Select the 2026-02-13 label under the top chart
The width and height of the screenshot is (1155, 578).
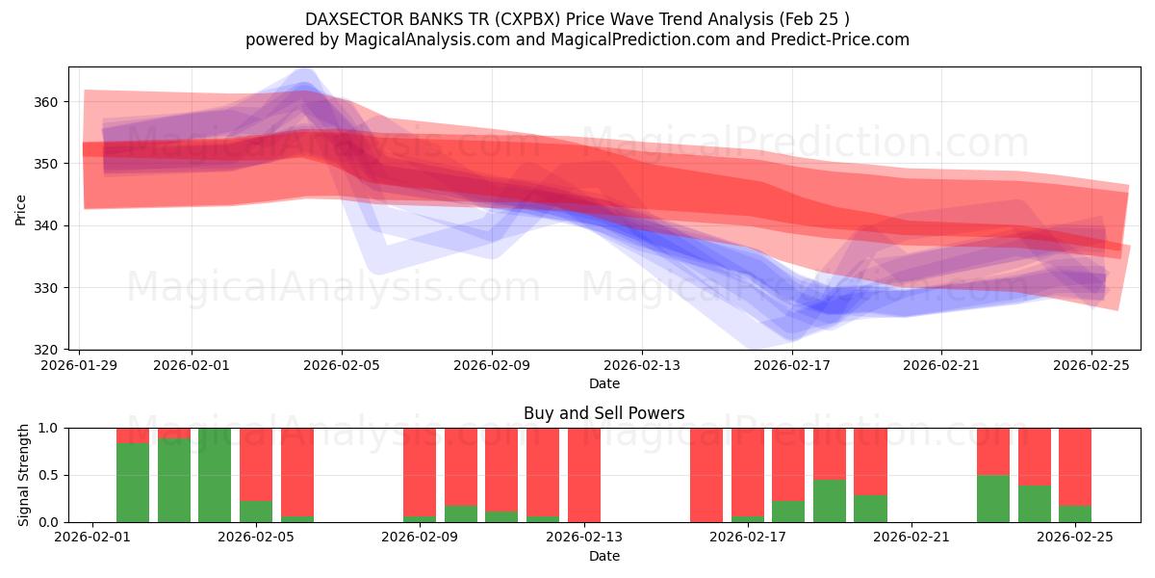click(642, 365)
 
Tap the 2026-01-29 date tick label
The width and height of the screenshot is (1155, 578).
click(79, 365)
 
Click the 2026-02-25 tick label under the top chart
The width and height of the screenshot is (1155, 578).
click(1091, 365)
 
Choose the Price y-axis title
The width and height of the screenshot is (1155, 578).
click(20, 208)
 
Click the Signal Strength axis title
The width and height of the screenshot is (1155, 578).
click(24, 475)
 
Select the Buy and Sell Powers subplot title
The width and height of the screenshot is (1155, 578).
click(603, 413)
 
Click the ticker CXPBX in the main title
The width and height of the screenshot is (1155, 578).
click(525, 19)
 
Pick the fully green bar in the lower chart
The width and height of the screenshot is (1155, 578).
click(215, 475)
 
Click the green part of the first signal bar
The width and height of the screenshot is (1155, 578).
click(133, 482)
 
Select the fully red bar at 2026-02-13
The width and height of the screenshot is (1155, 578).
click(584, 475)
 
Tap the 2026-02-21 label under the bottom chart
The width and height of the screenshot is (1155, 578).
click(911, 538)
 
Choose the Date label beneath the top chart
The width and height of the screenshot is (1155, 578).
click(603, 383)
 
